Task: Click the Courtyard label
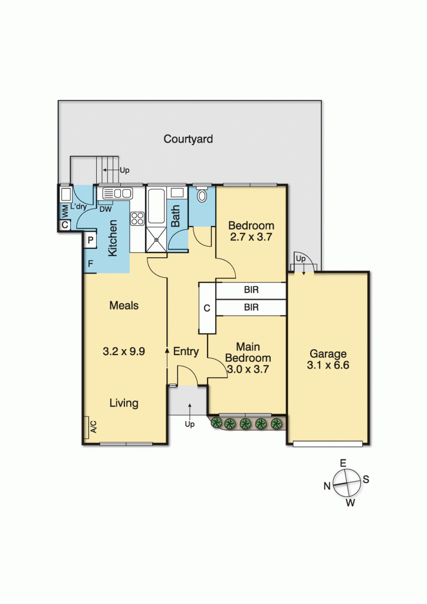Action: pos(188,140)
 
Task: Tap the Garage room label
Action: pos(329,354)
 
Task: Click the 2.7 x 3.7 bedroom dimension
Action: pos(251,237)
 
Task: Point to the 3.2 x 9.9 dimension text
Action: pos(124,350)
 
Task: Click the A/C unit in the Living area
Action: pos(93,425)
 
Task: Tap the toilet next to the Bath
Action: pos(202,195)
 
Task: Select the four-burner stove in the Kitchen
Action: pos(137,218)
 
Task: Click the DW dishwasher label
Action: pos(106,209)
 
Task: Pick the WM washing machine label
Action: pos(64,210)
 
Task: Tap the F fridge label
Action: pos(91,264)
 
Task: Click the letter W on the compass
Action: pos(350,503)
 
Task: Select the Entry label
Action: pos(186,352)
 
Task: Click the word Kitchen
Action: pos(113,238)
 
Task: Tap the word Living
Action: pos(124,403)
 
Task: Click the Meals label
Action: pos(124,306)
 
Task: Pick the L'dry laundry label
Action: pos(78,207)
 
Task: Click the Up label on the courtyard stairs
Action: pos(124,170)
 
